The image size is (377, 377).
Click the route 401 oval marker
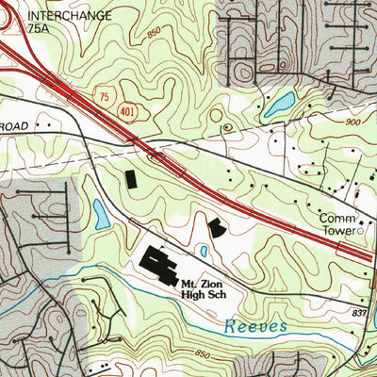tap(126, 111)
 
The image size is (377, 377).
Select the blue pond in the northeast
tap(279, 106)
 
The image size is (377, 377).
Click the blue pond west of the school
tap(101, 213)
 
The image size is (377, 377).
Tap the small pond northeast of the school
tap(203, 251)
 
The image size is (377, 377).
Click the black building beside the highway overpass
tap(130, 178)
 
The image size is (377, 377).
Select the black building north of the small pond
tap(217, 227)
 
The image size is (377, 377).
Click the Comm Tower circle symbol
tap(359, 229)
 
